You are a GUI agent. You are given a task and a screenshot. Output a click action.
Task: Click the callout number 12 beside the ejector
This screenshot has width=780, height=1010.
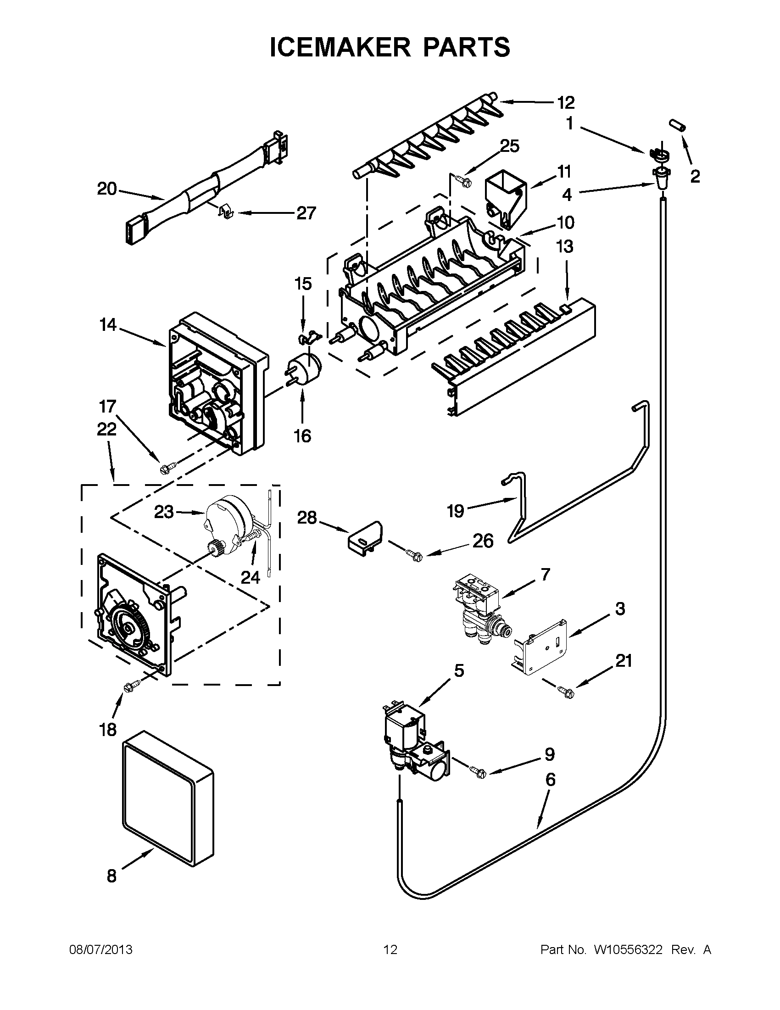(565, 102)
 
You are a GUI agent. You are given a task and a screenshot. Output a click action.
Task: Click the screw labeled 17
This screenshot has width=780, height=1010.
(166, 469)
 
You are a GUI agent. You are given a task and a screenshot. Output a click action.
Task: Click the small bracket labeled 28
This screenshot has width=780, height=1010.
(365, 537)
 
